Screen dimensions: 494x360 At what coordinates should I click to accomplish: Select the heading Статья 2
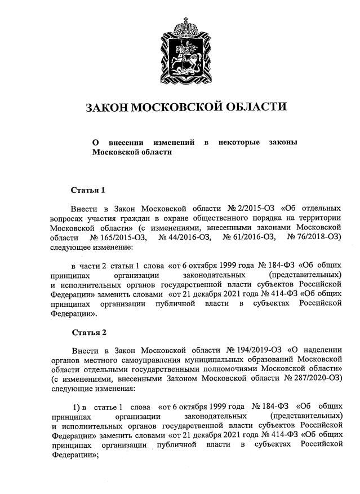[x=88, y=332]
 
